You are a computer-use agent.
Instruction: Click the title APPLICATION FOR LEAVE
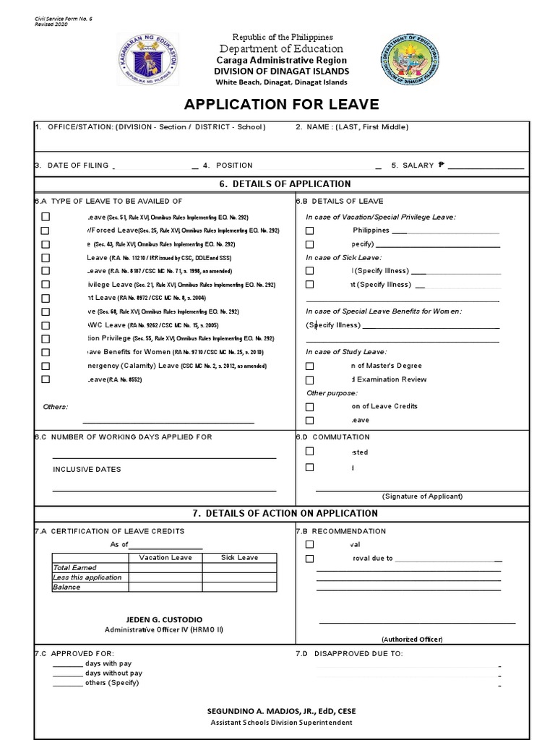(x=281, y=104)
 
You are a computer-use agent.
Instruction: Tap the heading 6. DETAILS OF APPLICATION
(x=285, y=184)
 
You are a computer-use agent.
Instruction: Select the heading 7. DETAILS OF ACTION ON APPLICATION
(x=285, y=514)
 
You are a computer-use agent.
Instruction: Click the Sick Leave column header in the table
(x=239, y=558)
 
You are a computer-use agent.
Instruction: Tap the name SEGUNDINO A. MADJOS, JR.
(x=281, y=711)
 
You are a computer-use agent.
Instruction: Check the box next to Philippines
(x=309, y=231)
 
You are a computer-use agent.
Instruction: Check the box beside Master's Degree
(x=309, y=366)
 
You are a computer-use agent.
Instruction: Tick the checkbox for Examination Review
(x=309, y=379)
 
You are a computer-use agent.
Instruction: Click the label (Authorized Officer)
(x=412, y=640)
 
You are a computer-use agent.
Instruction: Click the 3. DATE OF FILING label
(x=72, y=165)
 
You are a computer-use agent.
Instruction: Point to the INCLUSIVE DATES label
(x=87, y=469)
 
